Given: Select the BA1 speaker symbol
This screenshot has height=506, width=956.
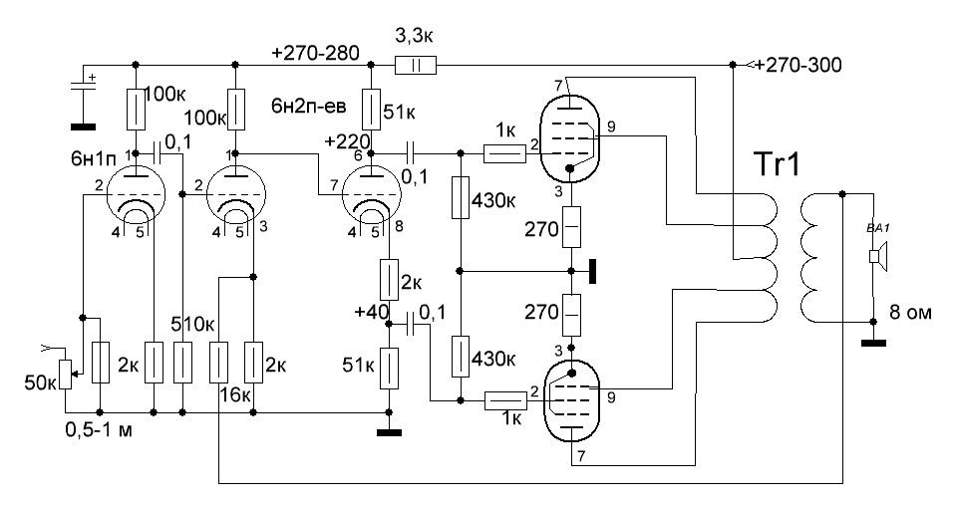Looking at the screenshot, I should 874,257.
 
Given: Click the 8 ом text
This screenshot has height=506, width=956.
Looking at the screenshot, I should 910,313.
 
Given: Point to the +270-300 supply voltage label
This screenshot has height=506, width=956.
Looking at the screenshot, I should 797,66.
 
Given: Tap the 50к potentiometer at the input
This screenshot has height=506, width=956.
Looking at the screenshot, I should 66,370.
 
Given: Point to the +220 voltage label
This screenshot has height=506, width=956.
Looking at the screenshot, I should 347,141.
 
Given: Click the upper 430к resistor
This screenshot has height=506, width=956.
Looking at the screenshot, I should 460,198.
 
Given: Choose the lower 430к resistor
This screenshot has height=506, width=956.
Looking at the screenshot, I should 460,356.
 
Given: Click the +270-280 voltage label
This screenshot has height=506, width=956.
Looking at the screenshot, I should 319,51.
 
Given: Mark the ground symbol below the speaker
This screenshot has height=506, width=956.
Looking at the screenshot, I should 874,344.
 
